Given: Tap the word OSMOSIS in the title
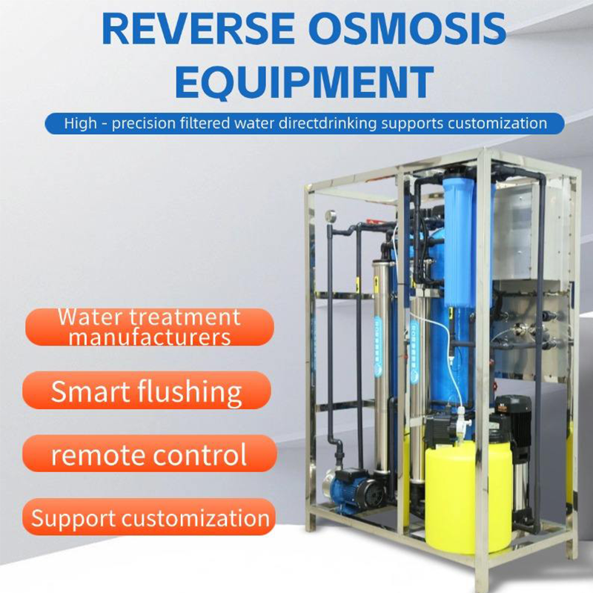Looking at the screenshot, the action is coord(410,29).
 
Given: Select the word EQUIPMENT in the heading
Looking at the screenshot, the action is coord(304,82).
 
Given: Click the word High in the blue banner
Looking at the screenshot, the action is coord(80,124).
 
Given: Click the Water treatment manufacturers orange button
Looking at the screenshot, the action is coord(150,327).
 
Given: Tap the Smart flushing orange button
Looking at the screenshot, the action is coord(147,390).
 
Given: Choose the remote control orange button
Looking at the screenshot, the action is coord(150,454).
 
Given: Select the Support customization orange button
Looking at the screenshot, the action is coord(150,517).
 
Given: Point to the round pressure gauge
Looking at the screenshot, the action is coord(331,216).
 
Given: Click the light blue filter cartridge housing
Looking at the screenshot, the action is coord(460,242).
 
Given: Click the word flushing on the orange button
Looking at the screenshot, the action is coord(190,391).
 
